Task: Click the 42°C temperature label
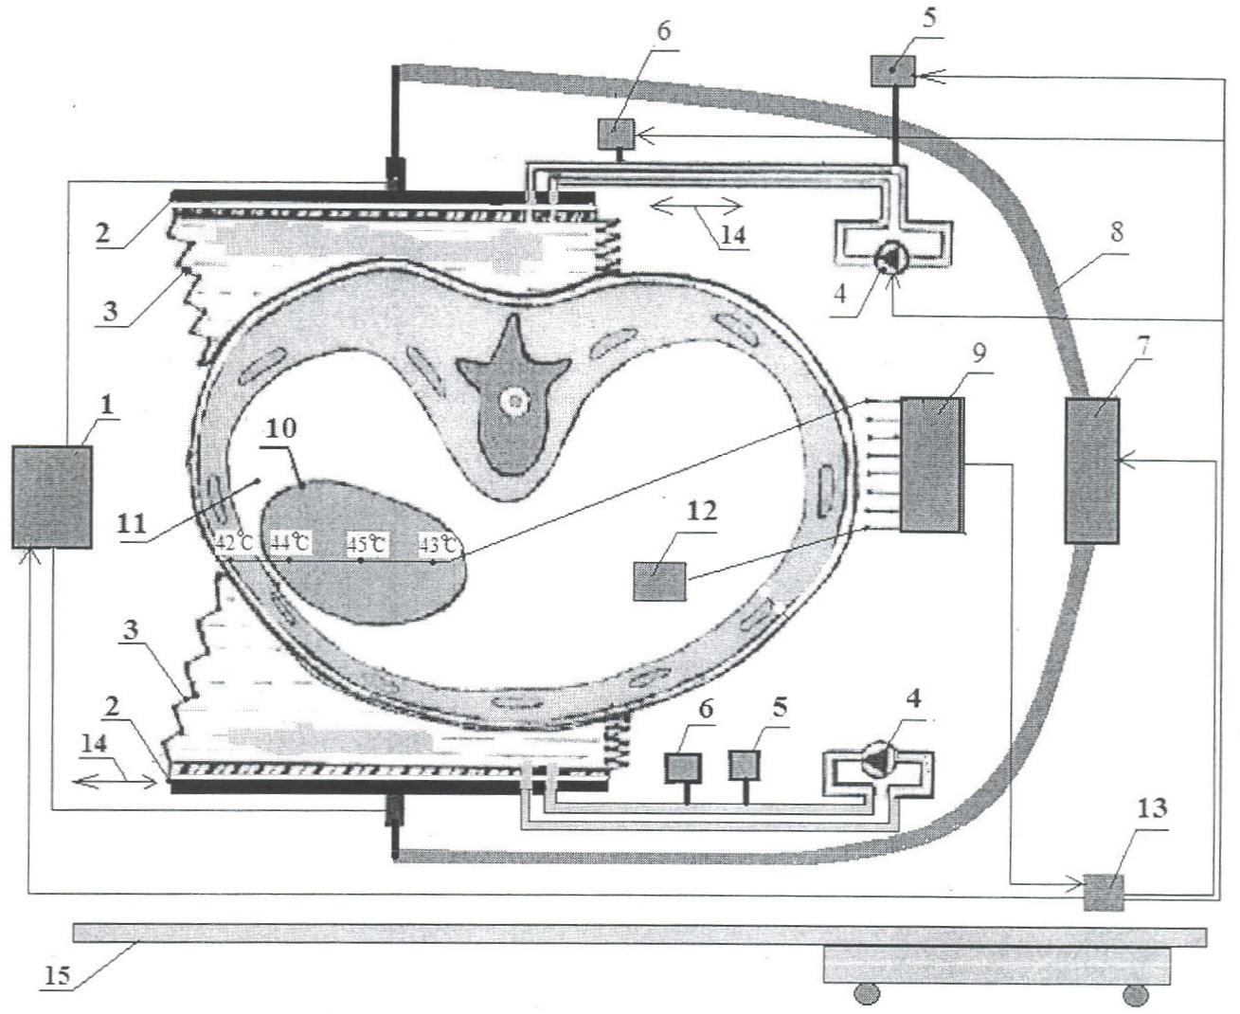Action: coord(234,542)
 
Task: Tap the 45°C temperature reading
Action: coord(368,543)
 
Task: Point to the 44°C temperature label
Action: coord(291,542)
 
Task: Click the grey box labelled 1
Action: coord(52,497)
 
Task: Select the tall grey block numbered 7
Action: coord(1092,471)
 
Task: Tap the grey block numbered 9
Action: coord(932,465)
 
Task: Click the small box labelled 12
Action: coord(659,581)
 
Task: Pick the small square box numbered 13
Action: coord(1104,893)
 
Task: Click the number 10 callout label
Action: coord(281,428)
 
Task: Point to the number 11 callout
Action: coord(131,522)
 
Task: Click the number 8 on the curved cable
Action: coord(1117,232)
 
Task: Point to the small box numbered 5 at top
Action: coord(892,71)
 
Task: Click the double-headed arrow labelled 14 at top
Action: coord(696,207)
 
